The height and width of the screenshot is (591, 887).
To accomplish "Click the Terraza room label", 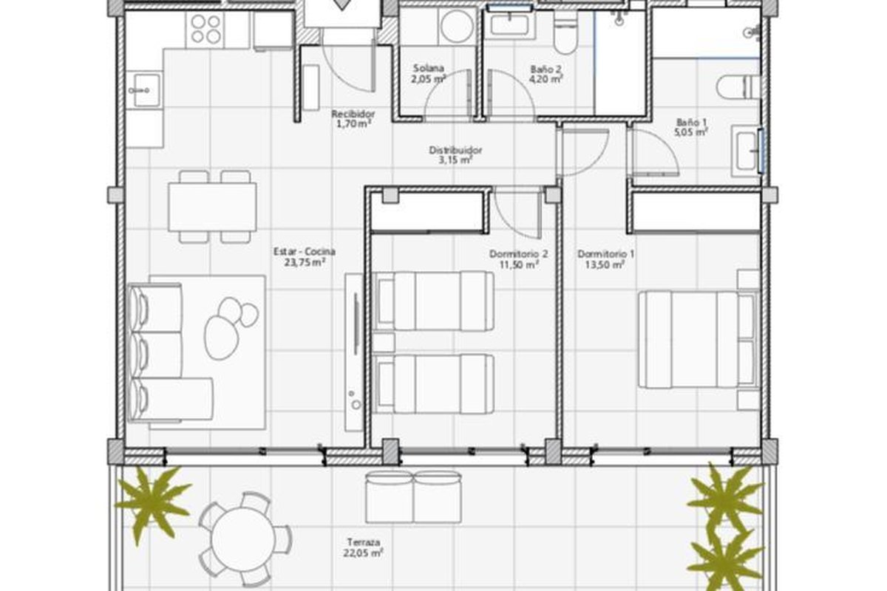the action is pos(364,542).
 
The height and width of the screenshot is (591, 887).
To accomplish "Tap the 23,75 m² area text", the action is pos(305,262).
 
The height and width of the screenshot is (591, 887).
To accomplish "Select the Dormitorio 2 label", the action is pos(518,253).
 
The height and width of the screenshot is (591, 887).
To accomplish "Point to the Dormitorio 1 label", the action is pos(605,253).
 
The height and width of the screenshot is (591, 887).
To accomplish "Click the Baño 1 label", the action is pos(691,123).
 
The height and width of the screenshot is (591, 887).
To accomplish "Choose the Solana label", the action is pos(429,68).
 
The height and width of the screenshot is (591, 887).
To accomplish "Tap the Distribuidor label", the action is pos(455,151).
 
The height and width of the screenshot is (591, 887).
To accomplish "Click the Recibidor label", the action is pos(353,114).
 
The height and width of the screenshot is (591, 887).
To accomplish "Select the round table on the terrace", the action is pos(242,539).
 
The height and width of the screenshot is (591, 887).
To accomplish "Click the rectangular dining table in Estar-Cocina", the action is pos(212,207).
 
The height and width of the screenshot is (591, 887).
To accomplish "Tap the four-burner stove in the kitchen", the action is pos(206,29).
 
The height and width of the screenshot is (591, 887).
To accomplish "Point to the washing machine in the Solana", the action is pos(457,26).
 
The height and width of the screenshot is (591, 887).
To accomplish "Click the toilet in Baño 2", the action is pos(565,35).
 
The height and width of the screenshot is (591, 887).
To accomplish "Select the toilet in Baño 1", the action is pos(738,86).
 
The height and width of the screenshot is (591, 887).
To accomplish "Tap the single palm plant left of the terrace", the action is pos(152,504).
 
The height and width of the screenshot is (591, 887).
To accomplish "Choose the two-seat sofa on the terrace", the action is pos(413,497).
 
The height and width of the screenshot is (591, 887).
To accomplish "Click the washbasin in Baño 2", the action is pos(509,24).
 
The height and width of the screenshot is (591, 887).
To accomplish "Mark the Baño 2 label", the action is pos(546,69).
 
